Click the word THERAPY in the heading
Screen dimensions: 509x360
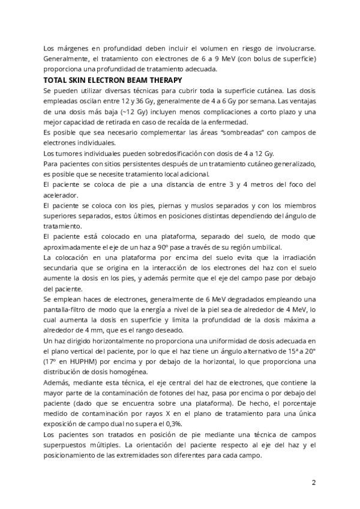pos(166,79)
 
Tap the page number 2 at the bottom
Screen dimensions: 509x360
pos(313,483)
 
